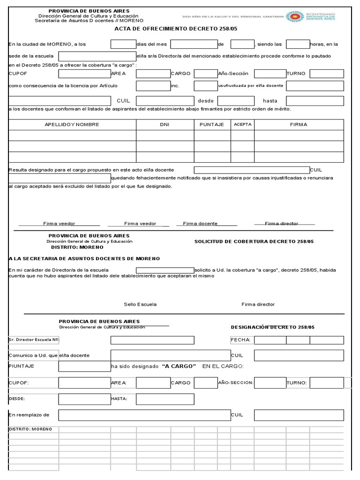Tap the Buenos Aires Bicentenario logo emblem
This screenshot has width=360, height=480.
click(295, 17)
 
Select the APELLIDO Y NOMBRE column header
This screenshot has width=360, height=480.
click(72, 125)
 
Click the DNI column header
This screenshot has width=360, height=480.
click(165, 125)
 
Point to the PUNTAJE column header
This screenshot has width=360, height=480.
click(212, 125)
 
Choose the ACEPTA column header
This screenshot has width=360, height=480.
click(242, 125)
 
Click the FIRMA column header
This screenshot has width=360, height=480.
click(299, 125)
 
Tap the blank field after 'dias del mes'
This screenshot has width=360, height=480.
click(194, 45)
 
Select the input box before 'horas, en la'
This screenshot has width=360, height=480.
click(298, 45)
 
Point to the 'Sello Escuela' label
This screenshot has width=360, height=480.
click(140, 304)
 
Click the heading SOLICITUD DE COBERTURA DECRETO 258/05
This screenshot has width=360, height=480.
click(254, 241)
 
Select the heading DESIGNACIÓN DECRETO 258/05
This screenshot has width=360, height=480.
click(272, 327)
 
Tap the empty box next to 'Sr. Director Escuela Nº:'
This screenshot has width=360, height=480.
click(152, 340)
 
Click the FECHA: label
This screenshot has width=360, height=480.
click(241, 340)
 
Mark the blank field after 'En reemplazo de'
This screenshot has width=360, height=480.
click(144, 415)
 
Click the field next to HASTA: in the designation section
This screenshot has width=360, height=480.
click(165, 399)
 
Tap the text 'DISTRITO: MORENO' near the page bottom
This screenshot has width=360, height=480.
click(30, 429)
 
